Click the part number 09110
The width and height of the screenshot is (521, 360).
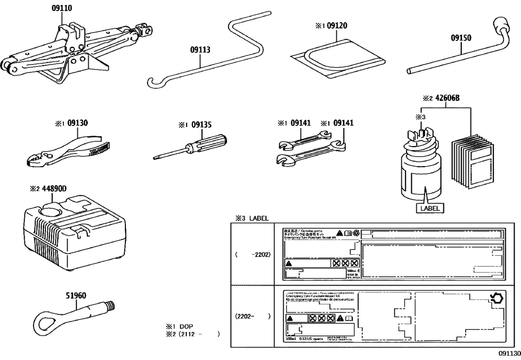(62, 8)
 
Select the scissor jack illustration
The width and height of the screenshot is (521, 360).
(65, 54)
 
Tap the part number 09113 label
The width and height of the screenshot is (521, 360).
(200, 49)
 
